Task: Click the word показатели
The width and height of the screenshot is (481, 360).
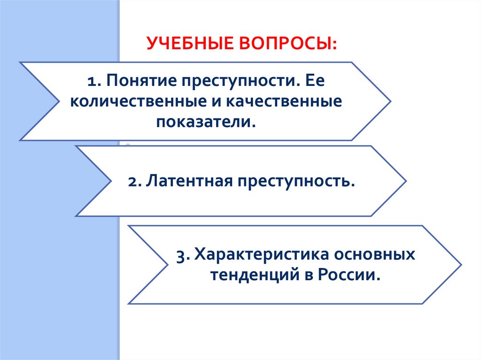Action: coord(207,122)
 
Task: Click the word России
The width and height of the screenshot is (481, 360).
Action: coord(351,275)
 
